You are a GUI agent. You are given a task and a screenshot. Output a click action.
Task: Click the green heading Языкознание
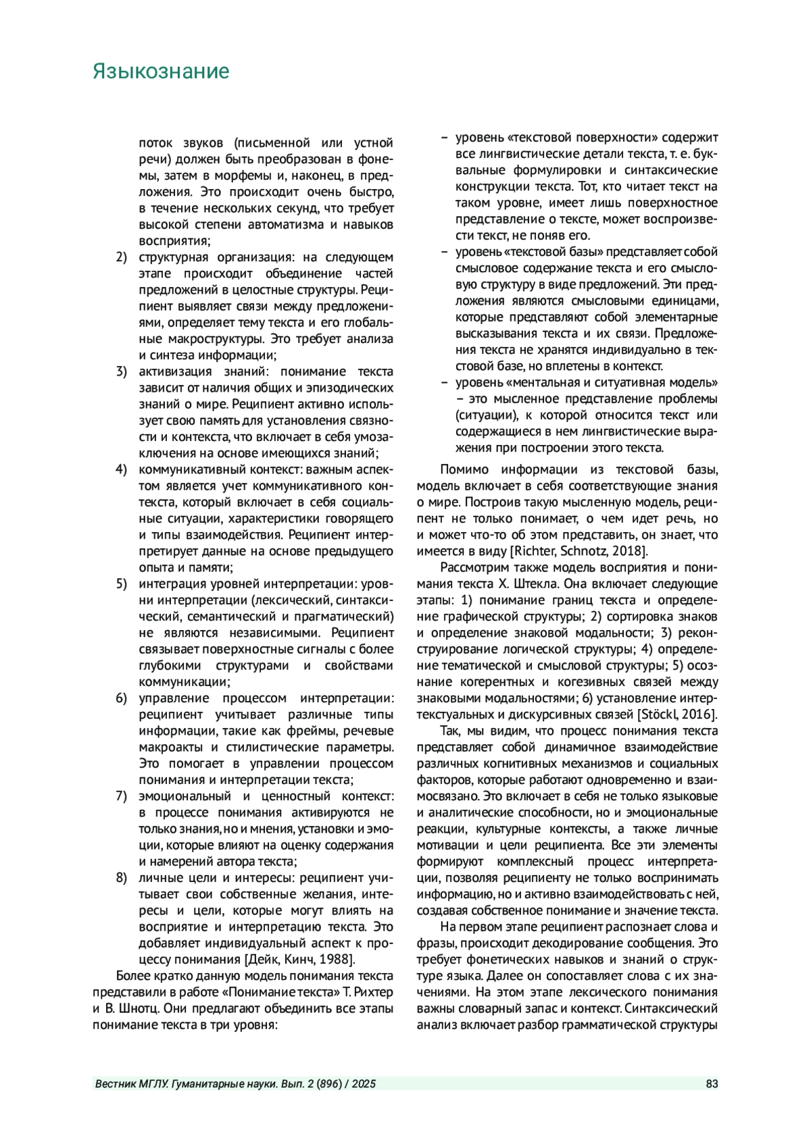[x=161, y=72]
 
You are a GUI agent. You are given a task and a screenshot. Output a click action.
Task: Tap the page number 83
[x=712, y=1085]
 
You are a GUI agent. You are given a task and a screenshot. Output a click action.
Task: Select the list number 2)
[x=122, y=257]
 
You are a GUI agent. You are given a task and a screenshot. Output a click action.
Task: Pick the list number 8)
[x=122, y=878]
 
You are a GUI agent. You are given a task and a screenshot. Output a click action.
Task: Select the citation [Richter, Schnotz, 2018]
[x=579, y=551]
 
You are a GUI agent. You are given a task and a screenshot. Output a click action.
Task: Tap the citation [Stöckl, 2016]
[x=677, y=714]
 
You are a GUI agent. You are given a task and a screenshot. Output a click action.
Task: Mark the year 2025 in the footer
[x=364, y=1085]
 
